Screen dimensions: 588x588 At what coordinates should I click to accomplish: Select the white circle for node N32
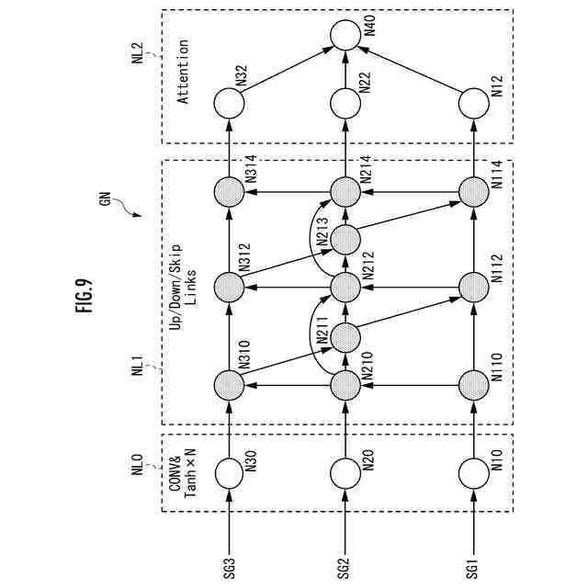click(x=229, y=103)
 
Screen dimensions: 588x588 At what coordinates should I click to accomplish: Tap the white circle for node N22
click(x=344, y=103)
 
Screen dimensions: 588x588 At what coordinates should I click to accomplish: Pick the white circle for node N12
click(x=472, y=103)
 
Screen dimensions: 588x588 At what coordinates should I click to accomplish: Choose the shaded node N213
click(x=344, y=240)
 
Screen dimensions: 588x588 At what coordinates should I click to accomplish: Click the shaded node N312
click(x=228, y=288)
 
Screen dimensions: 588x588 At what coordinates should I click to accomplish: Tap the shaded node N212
click(x=344, y=288)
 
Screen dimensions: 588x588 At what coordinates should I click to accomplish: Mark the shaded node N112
click(x=472, y=288)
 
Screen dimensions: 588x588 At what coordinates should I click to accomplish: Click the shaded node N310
click(x=228, y=383)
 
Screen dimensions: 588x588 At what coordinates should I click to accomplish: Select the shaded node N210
click(x=344, y=383)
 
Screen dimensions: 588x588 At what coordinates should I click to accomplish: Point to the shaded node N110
click(x=472, y=383)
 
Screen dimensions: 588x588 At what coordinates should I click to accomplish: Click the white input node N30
click(x=228, y=472)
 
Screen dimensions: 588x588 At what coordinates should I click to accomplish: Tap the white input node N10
click(x=472, y=472)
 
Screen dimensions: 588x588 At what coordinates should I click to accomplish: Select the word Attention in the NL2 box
click(x=183, y=71)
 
